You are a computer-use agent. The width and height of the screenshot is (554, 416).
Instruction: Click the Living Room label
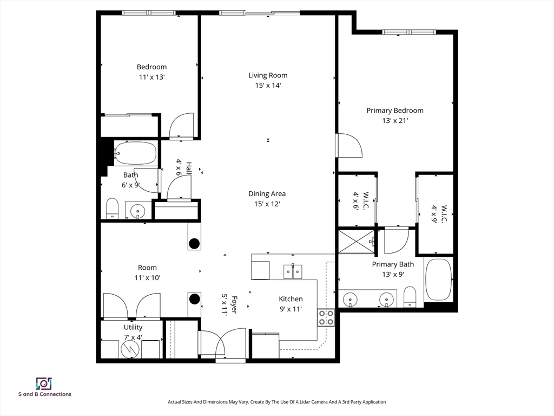click(x=268, y=75)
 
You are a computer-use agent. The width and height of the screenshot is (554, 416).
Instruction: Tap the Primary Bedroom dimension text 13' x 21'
click(x=395, y=121)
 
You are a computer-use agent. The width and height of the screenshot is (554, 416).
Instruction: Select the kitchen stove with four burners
click(x=326, y=317)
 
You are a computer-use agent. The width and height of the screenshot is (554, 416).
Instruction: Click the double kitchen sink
click(x=293, y=272)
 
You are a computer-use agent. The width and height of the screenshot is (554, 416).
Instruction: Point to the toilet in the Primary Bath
click(x=410, y=296)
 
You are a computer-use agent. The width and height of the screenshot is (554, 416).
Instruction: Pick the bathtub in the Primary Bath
click(x=438, y=279)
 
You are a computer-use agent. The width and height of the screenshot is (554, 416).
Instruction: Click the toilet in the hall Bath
click(x=113, y=209)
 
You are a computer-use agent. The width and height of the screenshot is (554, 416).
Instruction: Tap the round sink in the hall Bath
click(x=137, y=212)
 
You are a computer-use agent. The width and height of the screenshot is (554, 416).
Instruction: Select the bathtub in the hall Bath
click(x=135, y=153)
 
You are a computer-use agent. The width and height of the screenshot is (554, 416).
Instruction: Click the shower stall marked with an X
click(x=356, y=242)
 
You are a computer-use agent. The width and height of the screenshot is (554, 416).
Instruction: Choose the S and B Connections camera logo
click(x=44, y=383)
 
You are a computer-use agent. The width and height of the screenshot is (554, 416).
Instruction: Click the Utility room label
click(x=133, y=327)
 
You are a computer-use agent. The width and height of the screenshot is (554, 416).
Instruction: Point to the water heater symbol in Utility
click(x=131, y=350)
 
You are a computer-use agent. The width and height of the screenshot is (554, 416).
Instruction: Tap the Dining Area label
click(x=267, y=194)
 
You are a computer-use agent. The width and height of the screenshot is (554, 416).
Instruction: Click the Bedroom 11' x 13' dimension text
click(x=152, y=77)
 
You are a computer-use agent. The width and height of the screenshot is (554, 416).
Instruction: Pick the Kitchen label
click(x=291, y=299)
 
